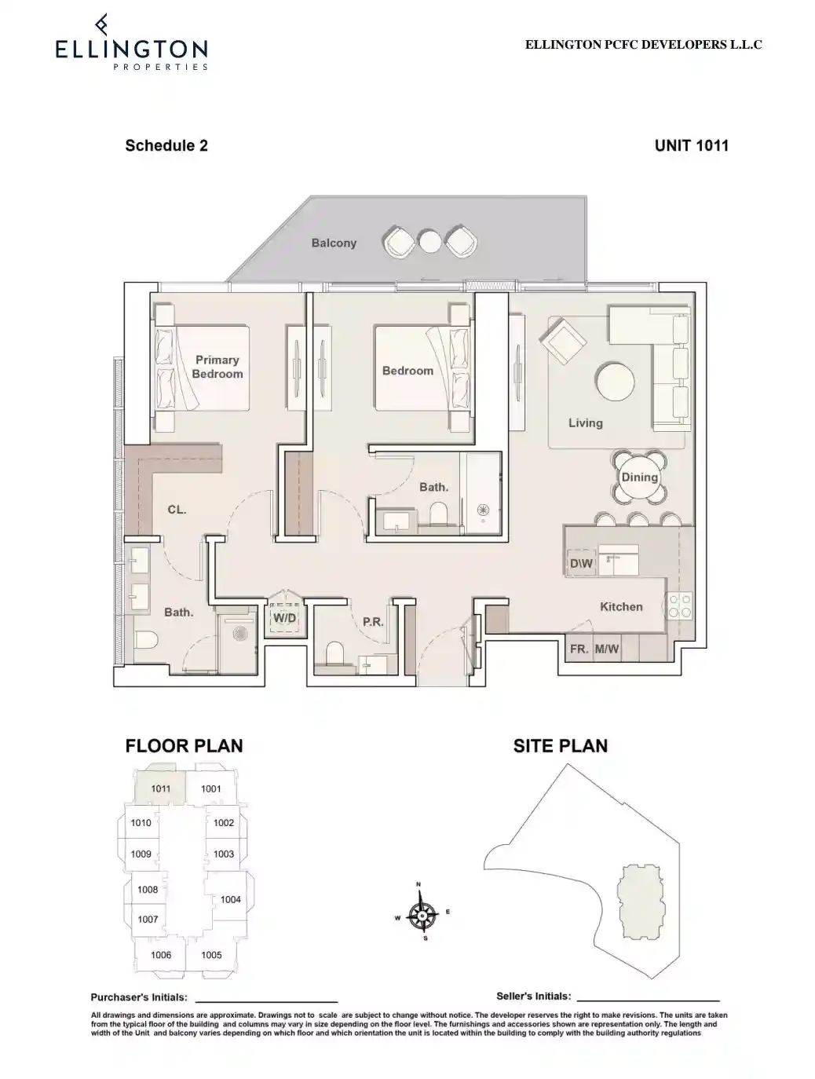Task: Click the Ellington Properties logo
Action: click(131, 44)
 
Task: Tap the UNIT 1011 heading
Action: click(691, 145)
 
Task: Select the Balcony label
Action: click(334, 243)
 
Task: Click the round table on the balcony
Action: click(429, 241)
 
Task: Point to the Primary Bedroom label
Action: click(217, 367)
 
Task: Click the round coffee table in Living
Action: click(616, 382)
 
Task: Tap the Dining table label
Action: click(639, 477)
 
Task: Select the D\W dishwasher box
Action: click(581, 564)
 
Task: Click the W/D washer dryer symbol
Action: click(284, 618)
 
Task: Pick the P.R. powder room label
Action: click(373, 622)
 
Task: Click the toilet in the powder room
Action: click(334, 653)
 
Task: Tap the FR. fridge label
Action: click(579, 649)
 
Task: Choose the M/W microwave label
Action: click(607, 649)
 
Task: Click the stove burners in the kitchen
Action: click(679, 605)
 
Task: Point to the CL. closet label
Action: click(177, 510)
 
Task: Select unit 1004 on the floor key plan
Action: click(230, 899)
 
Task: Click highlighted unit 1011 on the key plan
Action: click(160, 788)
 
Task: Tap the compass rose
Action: click(423, 914)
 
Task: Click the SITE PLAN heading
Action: click(560, 746)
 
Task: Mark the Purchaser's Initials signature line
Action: click(265, 1000)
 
